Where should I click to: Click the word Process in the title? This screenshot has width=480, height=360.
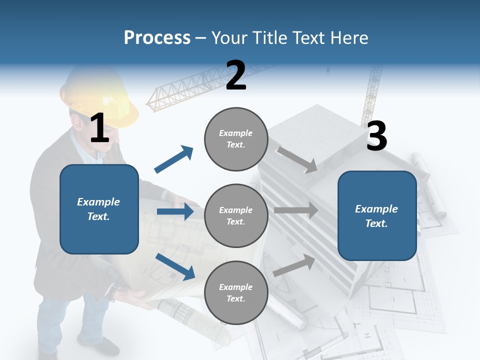157,38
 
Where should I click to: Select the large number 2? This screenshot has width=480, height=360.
236,75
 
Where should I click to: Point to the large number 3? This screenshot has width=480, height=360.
376,136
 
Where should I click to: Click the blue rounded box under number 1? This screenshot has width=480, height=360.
99,209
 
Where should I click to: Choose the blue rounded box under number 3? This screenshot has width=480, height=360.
377,216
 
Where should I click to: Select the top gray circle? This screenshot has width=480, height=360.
236,139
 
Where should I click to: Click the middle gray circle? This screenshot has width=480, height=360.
236,216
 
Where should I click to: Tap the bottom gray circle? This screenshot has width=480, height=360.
236,293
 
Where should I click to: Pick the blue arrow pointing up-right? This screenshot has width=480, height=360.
174,159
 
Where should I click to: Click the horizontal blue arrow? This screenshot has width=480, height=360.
175,211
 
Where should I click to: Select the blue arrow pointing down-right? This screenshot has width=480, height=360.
175,266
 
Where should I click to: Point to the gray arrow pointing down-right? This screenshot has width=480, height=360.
297,159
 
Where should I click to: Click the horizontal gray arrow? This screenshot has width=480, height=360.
296,210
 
